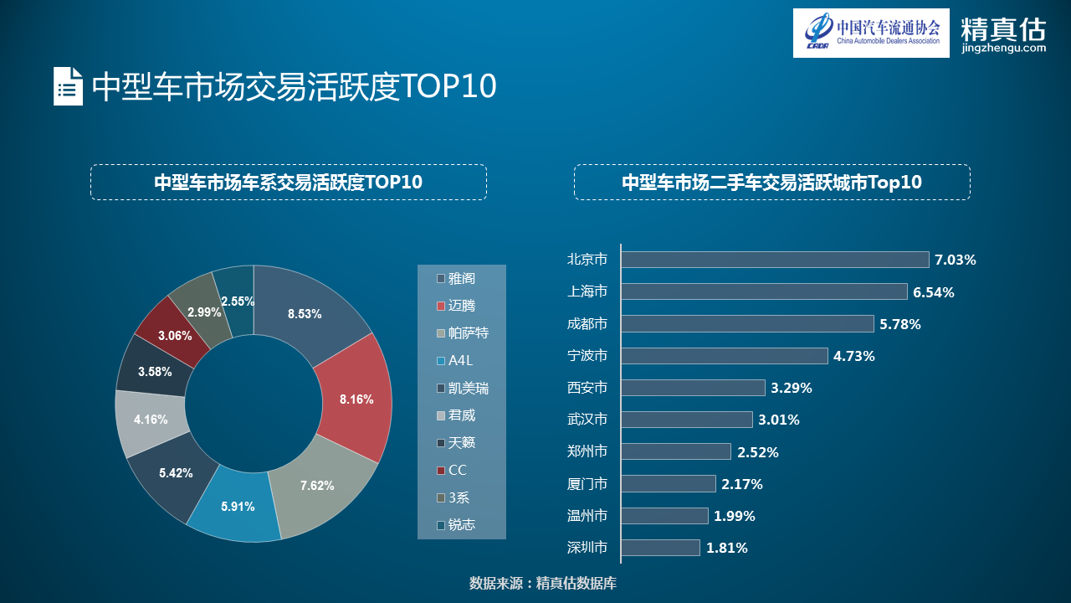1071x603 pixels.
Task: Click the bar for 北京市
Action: tap(774, 260)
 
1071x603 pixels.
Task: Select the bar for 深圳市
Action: tap(660, 548)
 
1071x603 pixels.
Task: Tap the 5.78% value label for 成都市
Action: tap(899, 324)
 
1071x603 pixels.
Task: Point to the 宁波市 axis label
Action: tap(587, 356)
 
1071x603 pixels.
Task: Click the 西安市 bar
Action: tap(693, 388)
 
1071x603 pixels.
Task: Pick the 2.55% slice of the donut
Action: tap(236, 301)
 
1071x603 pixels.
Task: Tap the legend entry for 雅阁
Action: tap(456, 278)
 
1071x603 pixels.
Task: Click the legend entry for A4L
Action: tap(456, 360)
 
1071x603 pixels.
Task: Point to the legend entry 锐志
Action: tap(456, 524)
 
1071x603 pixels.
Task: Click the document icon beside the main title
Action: tap(68, 85)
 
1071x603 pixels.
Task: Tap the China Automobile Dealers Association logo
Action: tap(871, 33)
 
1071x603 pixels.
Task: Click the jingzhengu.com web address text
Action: tap(1004, 49)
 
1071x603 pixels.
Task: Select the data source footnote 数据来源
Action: tap(543, 583)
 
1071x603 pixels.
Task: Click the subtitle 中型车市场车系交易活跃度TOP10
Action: tap(288, 182)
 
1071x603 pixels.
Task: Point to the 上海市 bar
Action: tap(763, 291)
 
